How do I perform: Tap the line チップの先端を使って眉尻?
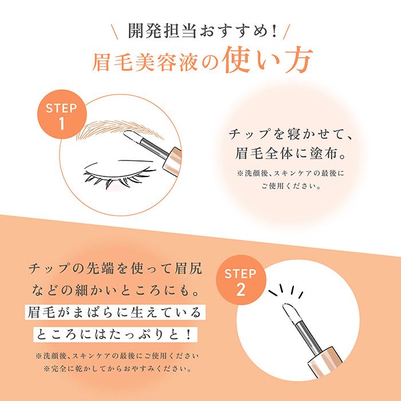point(115,269)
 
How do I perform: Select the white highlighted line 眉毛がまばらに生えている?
point(115,313)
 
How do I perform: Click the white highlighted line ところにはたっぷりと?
point(115,333)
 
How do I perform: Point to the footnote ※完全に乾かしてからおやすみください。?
point(115,368)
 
